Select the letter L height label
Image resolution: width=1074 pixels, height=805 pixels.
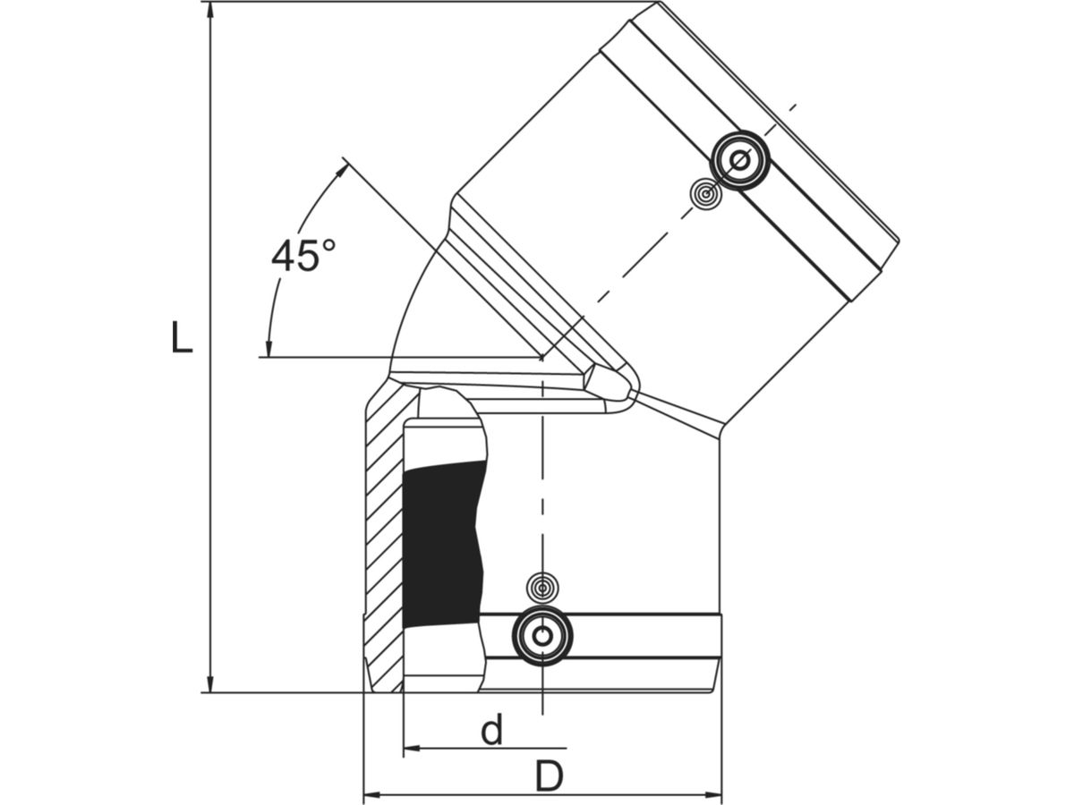(x=182, y=338)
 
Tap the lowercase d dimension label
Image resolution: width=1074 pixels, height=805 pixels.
(x=491, y=731)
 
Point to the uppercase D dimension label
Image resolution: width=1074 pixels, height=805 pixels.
(x=549, y=776)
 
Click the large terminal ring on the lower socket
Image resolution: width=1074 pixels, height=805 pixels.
(x=541, y=636)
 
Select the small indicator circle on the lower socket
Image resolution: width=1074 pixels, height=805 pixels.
(x=541, y=588)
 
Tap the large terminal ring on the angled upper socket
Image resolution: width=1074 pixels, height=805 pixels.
(x=740, y=161)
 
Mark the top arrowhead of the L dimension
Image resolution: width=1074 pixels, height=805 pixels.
(x=210, y=11)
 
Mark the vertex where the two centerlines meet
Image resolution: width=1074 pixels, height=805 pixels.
(x=542, y=358)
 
